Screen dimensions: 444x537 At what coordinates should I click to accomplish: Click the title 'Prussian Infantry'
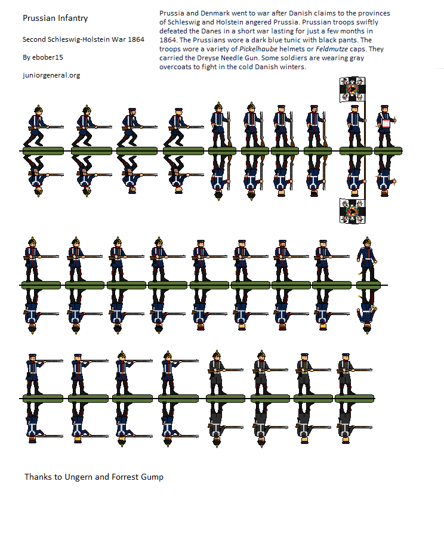coord(55,18)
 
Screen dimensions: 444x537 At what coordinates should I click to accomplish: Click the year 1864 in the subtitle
coord(136,39)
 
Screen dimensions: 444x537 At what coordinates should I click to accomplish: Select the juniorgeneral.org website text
coord(51,75)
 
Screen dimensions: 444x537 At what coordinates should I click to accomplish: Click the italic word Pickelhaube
coord(258,49)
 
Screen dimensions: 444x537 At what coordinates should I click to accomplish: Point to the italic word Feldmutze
coord(332,49)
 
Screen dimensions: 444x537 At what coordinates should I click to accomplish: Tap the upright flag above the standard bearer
coord(353,89)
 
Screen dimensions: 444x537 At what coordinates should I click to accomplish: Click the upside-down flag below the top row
coord(353,211)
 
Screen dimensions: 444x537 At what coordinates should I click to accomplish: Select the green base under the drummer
coord(388,151)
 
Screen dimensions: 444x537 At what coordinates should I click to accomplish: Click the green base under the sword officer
coord(368,285)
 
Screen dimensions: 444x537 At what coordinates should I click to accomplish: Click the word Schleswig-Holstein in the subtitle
coord(79,39)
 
